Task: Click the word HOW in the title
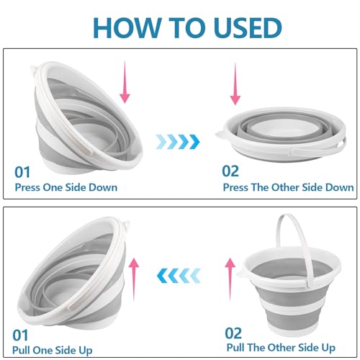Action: click(x=127, y=27)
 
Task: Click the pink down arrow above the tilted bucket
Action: click(x=125, y=82)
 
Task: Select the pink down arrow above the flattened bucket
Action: click(x=235, y=84)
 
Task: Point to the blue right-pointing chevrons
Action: click(x=178, y=142)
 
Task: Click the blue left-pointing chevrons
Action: click(x=179, y=276)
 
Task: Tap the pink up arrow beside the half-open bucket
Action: click(x=134, y=279)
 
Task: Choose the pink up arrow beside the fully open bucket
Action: click(x=230, y=279)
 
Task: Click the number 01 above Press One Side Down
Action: click(x=22, y=172)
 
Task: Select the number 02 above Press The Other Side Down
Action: click(x=230, y=171)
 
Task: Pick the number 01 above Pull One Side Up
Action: click(x=20, y=336)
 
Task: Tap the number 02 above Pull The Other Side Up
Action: click(x=233, y=333)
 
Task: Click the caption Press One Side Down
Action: click(x=66, y=187)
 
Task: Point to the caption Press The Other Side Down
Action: click(x=288, y=187)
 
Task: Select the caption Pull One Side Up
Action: click(x=53, y=350)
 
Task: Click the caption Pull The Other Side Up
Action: click(x=281, y=348)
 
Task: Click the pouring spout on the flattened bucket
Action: click(x=220, y=135)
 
